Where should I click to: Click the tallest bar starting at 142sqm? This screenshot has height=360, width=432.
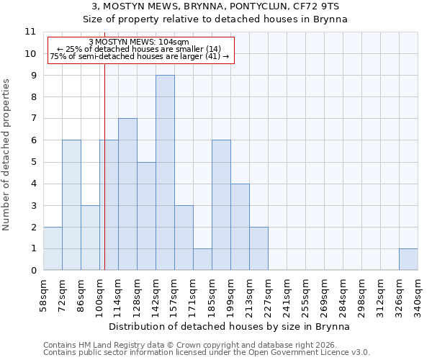pyautogui.click(x=165, y=173)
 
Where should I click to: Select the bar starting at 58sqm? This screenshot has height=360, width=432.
pyautogui.click(x=53, y=248)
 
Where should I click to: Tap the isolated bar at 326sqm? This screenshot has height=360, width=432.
pyautogui.click(x=408, y=259)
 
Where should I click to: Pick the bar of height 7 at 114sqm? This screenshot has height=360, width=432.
pyautogui.click(x=127, y=194)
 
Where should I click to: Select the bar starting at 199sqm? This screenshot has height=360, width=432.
pyautogui.click(x=240, y=227)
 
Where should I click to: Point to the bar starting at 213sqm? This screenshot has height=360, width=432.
pyautogui.click(x=258, y=248)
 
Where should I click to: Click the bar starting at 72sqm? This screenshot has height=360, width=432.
pyautogui.click(x=71, y=205)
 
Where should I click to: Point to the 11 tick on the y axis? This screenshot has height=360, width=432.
pyautogui.click(x=30, y=32)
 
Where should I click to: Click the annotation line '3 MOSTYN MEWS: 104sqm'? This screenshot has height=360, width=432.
pyautogui.click(x=139, y=42)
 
